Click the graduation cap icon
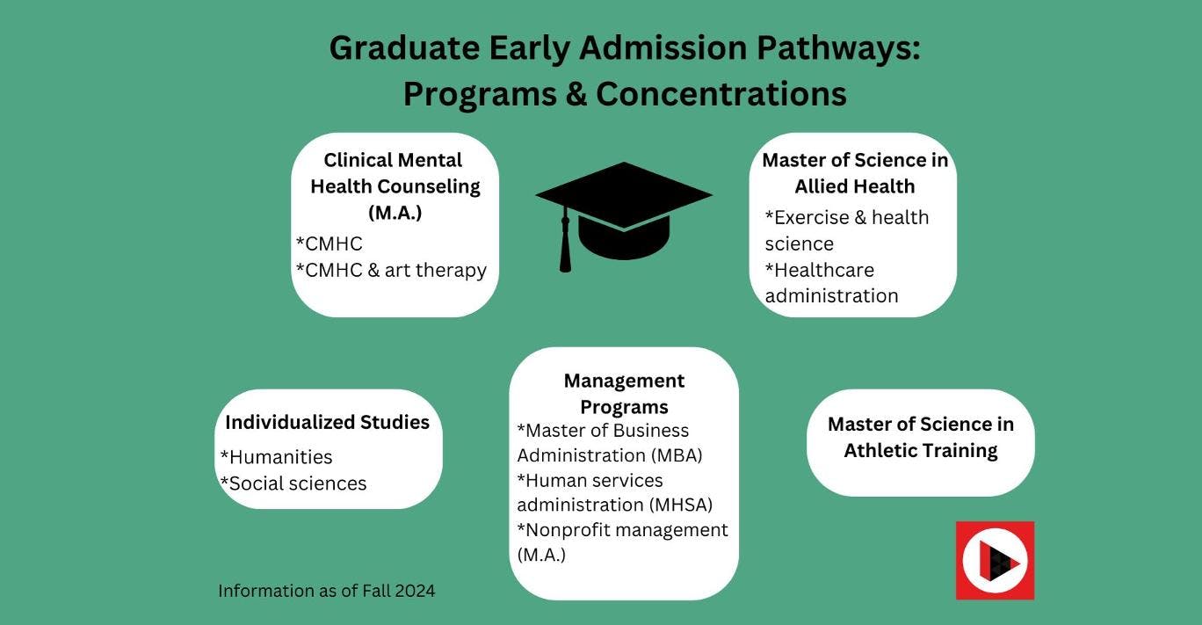tap(624, 211)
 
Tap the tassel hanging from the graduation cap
tap(565, 246)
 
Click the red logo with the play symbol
tap(995, 561)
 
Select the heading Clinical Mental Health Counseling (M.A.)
tap(395, 186)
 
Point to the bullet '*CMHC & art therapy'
tap(391, 270)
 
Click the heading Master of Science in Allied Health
tap(854, 173)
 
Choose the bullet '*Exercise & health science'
tap(846, 229)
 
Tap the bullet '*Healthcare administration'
tap(831, 282)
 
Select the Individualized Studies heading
tap(327, 422)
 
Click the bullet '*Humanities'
tap(276, 457)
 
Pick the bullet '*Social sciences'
tap(293, 483)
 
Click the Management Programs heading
tap(624, 394)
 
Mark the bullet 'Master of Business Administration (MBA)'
tap(610, 443)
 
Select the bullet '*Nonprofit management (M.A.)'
tap(622, 541)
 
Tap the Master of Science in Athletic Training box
tap(920, 438)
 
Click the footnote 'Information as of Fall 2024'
tap(326, 591)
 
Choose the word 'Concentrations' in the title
tap(720, 94)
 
